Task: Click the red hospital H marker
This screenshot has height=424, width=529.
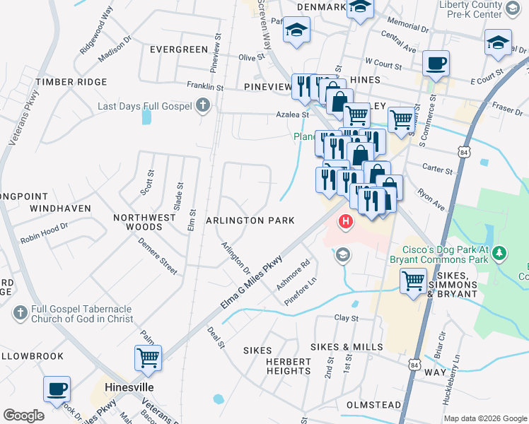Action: click(x=346, y=223)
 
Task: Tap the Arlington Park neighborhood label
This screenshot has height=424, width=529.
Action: click(x=250, y=220)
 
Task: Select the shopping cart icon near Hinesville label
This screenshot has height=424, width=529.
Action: click(x=149, y=358)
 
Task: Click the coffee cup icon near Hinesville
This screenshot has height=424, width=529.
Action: click(x=57, y=388)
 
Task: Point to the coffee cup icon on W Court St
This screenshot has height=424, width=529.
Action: click(x=436, y=63)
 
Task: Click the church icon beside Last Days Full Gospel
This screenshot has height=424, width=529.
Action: click(x=203, y=107)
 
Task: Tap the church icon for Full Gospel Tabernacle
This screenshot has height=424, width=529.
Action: click(x=20, y=312)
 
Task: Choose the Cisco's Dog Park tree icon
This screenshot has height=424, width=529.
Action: click(x=499, y=252)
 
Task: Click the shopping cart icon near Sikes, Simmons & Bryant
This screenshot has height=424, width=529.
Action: click(x=414, y=281)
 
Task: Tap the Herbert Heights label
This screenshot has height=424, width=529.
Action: click(x=289, y=366)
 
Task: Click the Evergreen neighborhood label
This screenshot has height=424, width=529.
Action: click(x=179, y=49)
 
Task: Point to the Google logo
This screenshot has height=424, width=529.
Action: click(x=23, y=416)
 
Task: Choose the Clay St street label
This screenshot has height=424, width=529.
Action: click(x=347, y=319)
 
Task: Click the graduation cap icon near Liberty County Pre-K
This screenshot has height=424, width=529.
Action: click(x=498, y=42)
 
